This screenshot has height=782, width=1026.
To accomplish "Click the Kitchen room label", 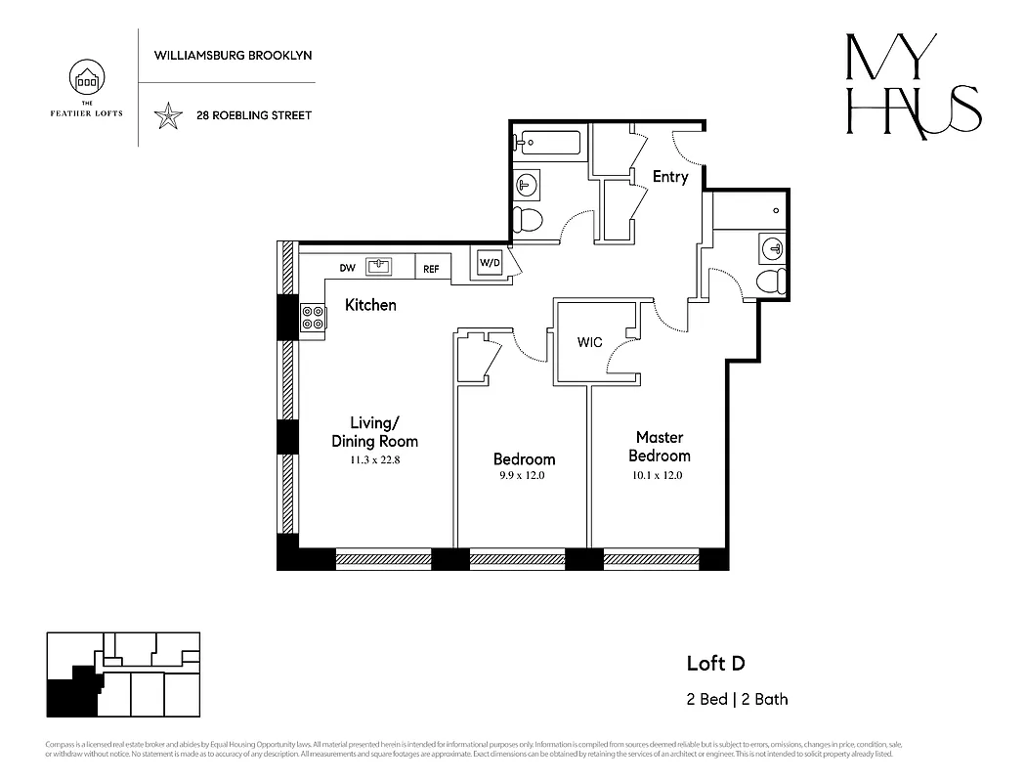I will [370, 305].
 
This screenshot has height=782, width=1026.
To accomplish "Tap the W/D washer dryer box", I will [489, 263].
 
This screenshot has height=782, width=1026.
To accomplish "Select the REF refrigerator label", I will [431, 268].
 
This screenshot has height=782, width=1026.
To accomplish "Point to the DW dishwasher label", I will [347, 268].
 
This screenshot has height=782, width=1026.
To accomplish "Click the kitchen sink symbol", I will [379, 267].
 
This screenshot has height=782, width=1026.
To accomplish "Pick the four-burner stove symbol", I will [313, 318].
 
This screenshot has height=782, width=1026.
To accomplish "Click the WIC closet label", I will [589, 342].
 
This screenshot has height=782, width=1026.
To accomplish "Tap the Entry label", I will [670, 177].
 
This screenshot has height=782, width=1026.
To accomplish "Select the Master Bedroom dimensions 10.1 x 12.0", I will [659, 476].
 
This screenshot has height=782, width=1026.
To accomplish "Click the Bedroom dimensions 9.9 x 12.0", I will [524, 476].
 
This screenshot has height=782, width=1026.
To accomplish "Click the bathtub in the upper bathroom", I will [547, 143].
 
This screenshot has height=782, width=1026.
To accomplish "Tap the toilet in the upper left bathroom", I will [529, 219].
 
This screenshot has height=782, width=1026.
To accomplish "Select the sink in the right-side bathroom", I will [771, 248].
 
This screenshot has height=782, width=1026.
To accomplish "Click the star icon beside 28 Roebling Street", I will [169, 115].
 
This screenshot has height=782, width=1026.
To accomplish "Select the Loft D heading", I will [715, 664].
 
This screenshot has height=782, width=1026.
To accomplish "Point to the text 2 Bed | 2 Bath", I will [737, 699].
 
